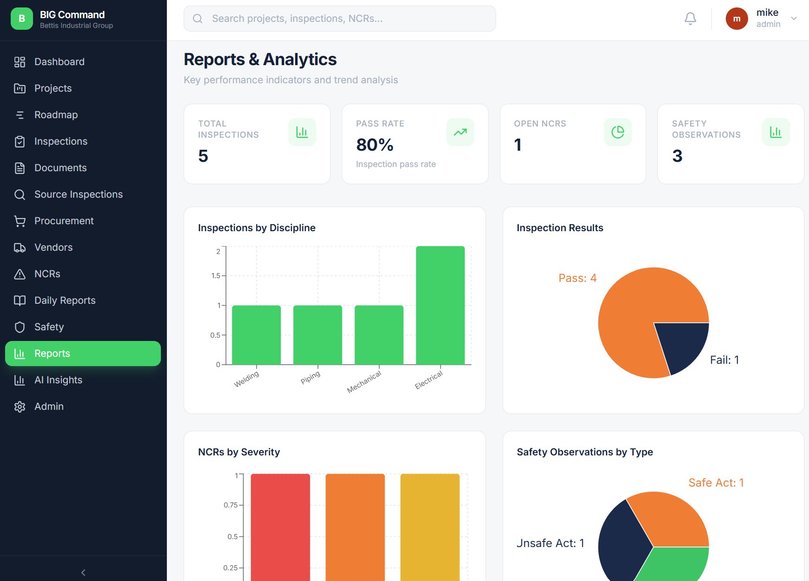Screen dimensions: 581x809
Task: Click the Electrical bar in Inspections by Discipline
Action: [440, 305]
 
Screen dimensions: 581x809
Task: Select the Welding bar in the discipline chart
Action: [256, 335]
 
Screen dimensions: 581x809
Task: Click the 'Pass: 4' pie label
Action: [577, 278]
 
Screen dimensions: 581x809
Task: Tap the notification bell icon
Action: [690, 19]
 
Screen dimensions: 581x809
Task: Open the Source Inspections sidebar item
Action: [78, 194]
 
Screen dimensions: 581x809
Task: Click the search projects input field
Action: [339, 19]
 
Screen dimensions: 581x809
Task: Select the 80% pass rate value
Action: [375, 145]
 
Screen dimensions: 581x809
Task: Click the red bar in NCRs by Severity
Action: [280, 526]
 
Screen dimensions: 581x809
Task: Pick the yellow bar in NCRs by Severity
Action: [430, 526]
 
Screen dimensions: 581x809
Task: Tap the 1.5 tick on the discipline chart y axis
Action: [216, 276]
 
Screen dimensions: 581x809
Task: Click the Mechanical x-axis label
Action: [364, 382]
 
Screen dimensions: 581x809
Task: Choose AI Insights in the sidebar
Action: [58, 380]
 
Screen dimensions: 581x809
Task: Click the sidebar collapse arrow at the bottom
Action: [83, 573]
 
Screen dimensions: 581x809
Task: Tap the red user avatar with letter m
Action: [736, 19]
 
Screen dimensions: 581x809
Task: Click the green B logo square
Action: [22, 19]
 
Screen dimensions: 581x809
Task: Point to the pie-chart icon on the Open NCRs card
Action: [617, 132]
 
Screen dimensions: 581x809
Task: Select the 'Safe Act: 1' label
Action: [716, 483]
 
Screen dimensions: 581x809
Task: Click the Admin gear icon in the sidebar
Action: [20, 407]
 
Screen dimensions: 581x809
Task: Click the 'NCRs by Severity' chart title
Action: [239, 452]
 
